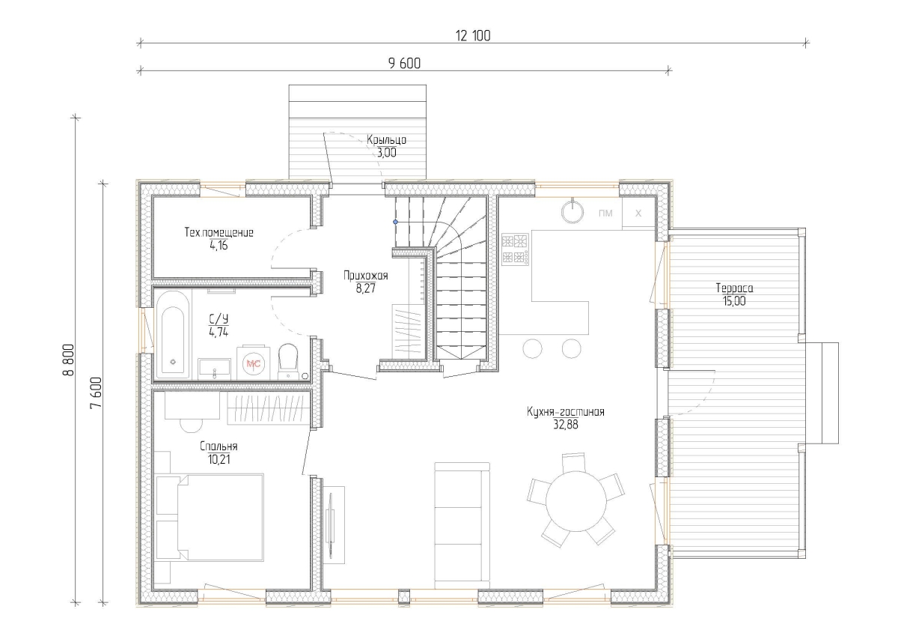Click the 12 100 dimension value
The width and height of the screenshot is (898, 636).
(473, 36)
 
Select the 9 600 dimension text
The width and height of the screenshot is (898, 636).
(405, 64)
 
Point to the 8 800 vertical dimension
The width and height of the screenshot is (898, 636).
(69, 360)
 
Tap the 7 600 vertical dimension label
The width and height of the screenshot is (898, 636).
(97, 393)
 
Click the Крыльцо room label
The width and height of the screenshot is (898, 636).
(386, 140)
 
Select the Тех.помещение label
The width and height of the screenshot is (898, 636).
(219, 232)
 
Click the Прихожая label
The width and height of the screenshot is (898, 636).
(366, 276)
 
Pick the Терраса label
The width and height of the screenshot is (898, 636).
(734, 288)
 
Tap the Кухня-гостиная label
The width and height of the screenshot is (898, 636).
(566, 412)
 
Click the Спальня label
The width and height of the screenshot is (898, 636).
(219, 446)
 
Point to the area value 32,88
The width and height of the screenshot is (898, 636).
(566, 425)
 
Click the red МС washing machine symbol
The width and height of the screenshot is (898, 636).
(254, 363)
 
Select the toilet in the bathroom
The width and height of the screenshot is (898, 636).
(288, 361)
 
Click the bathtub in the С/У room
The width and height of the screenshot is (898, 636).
(173, 334)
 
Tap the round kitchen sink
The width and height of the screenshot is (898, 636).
(572, 211)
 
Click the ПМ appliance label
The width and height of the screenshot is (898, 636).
(605, 213)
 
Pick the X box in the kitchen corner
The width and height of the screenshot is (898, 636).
(638, 213)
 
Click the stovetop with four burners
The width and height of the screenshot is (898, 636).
(515, 249)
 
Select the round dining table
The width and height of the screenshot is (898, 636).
(575, 500)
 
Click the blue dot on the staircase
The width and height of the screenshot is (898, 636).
(395, 222)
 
